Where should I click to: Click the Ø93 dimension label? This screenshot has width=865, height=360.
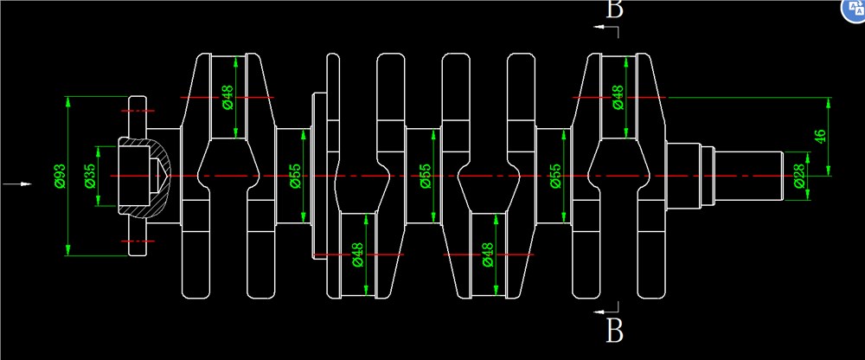point(61,177)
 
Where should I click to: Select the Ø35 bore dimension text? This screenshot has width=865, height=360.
point(90,177)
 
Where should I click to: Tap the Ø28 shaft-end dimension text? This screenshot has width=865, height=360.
point(798,177)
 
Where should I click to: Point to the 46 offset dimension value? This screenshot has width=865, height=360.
point(820,137)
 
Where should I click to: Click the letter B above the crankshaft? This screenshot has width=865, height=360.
point(614,9)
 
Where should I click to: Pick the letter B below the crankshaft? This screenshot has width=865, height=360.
point(614,331)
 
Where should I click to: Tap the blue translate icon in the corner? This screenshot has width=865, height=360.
point(855,10)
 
